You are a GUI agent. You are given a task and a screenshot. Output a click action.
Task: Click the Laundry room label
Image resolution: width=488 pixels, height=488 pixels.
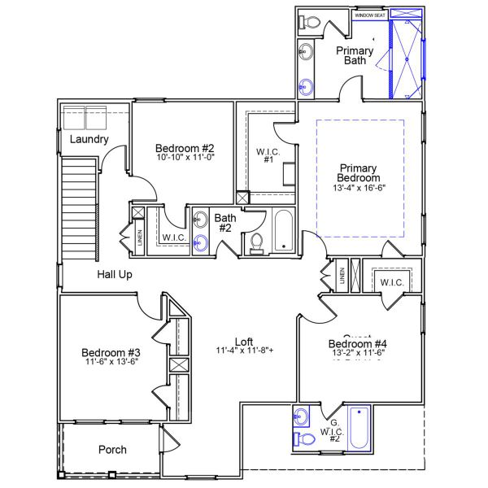coord(89,139)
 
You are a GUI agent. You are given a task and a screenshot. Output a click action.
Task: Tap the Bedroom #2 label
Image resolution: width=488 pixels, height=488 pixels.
coord(185,149)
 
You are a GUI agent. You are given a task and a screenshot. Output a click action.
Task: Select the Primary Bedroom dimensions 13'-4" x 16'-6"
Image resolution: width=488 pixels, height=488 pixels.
coord(359,187)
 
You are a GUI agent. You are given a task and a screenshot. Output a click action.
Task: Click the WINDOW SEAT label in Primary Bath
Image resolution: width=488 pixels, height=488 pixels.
coord(370,15)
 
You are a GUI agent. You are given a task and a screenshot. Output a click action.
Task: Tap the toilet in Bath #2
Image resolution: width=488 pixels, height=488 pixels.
coord(257,242)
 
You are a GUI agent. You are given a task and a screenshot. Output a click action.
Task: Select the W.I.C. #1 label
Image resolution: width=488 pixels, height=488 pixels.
coord(268,155)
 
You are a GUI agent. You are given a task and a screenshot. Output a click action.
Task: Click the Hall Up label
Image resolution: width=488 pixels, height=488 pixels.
coord(115,275)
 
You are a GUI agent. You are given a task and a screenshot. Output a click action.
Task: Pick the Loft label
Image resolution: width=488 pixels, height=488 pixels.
coord(244,342)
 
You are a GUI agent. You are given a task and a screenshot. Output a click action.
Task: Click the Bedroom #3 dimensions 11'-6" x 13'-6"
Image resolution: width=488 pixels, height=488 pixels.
coord(111,363)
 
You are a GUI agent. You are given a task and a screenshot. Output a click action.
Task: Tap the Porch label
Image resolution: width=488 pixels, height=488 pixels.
coord(112,450)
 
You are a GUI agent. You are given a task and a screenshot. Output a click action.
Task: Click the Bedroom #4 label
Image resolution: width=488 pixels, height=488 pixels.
coord(358,342)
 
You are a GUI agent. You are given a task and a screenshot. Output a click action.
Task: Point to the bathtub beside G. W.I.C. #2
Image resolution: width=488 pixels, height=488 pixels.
coord(359,428)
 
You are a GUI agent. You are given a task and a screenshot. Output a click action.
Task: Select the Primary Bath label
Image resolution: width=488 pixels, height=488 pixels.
coord(355,55)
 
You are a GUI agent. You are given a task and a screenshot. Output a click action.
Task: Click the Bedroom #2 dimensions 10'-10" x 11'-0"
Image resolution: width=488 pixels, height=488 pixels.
coord(185,158)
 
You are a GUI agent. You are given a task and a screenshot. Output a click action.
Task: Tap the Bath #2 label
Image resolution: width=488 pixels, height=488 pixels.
coord(224,222)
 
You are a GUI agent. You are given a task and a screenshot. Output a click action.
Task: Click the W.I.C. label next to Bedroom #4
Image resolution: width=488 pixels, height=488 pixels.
coord(391,282)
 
